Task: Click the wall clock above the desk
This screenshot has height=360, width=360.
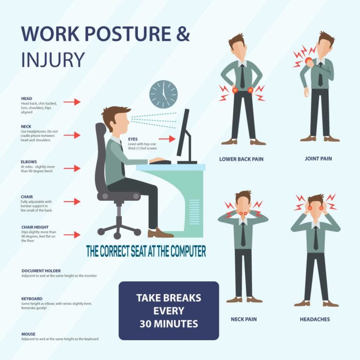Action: click(x=164, y=94)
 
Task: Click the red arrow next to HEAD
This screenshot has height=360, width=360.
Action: click(x=72, y=102)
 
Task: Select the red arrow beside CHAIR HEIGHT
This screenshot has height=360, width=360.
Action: click(x=72, y=235)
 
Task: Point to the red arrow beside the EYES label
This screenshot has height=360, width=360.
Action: click(x=166, y=139)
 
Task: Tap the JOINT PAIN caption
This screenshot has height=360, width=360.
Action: click(x=318, y=158)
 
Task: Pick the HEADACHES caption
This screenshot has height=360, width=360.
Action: click(x=315, y=319)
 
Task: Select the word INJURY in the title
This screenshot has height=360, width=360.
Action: click(x=52, y=60)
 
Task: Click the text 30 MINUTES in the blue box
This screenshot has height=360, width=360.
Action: click(x=168, y=323)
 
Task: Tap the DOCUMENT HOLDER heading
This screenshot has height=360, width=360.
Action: click(x=41, y=270)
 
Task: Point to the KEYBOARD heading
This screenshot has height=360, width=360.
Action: click(x=32, y=299)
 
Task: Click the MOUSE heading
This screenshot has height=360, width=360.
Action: click(x=28, y=334)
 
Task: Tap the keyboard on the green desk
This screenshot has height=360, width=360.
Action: click(x=160, y=162)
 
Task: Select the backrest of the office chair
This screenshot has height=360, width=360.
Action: click(x=101, y=155)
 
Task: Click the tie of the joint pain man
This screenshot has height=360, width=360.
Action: click(x=320, y=75)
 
